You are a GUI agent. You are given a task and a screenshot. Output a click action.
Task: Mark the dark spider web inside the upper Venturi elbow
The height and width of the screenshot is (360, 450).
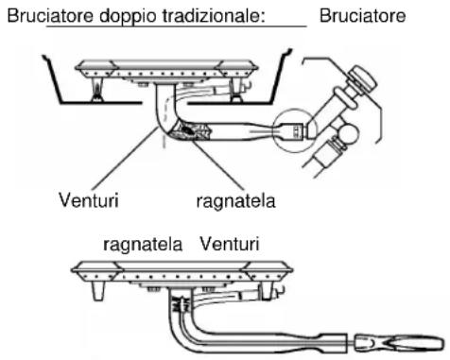[201, 135]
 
